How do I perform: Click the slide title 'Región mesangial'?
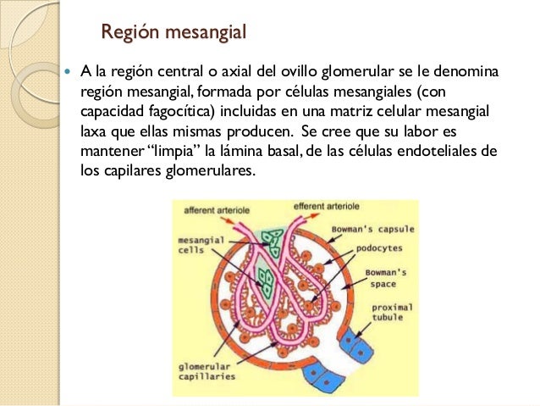click(x=174, y=32)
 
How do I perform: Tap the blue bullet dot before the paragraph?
click(x=68, y=72)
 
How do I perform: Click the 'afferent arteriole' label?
click(x=217, y=210)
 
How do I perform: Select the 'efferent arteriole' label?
click(x=326, y=206)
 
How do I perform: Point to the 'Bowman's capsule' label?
click(x=373, y=230)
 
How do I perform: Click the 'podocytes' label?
click(x=379, y=248)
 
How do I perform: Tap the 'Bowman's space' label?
click(x=386, y=278)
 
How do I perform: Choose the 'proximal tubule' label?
click(x=392, y=312)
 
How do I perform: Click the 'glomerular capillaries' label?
click(x=207, y=371)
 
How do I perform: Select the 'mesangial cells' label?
click(x=201, y=245)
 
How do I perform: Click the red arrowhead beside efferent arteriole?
click(x=314, y=215)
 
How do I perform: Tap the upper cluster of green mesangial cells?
click(x=273, y=243)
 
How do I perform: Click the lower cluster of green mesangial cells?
click(x=266, y=283)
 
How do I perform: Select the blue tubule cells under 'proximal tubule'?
click(x=356, y=346)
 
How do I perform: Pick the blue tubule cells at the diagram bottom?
click(x=322, y=377)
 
